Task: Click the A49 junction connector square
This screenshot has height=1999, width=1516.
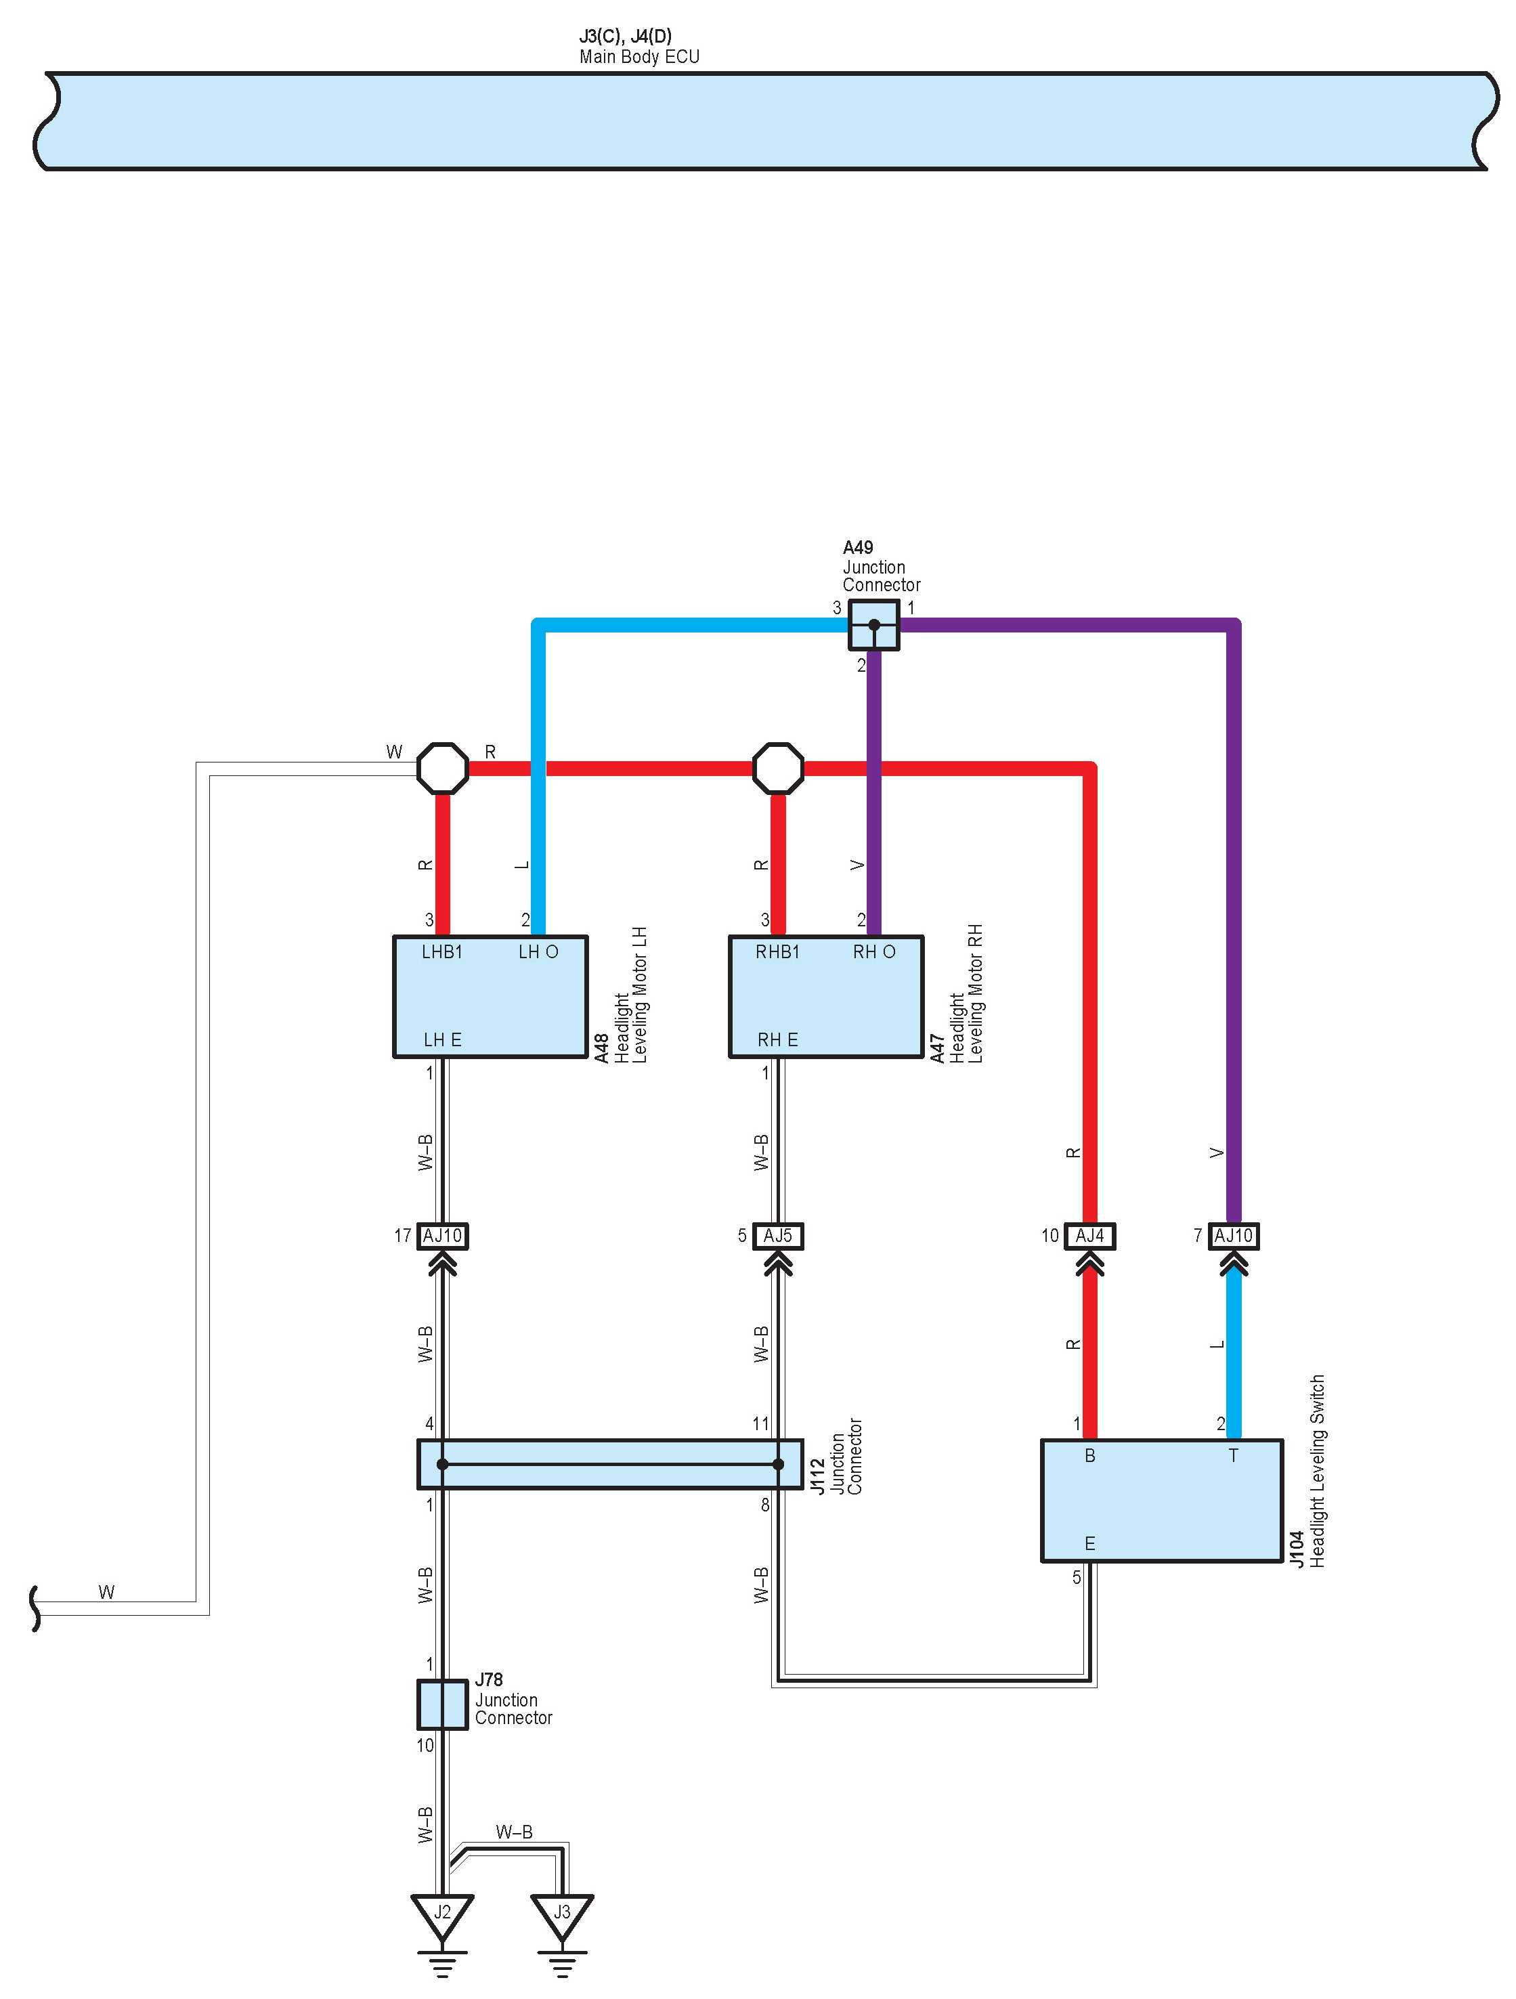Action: click(873, 624)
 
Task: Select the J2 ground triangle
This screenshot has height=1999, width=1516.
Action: click(441, 1915)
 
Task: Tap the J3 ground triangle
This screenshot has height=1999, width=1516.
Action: click(562, 1915)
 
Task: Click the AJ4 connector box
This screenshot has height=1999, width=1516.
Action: click(1089, 1235)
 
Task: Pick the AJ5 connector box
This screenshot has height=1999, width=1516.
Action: click(778, 1235)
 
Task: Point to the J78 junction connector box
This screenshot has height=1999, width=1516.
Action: click(441, 1704)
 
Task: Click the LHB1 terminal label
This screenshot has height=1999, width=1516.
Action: click(441, 951)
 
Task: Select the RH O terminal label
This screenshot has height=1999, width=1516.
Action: click(873, 951)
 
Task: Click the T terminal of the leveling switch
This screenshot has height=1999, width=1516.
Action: click(1233, 1455)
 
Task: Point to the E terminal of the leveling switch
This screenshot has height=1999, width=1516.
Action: click(1089, 1543)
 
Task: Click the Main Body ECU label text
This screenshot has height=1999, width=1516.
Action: click(640, 56)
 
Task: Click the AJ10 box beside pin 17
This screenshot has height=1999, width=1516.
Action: click(441, 1235)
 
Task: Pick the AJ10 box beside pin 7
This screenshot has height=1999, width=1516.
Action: click(1233, 1235)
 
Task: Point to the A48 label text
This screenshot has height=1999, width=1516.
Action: click(602, 1048)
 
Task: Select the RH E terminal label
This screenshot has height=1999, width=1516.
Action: click(778, 1040)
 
